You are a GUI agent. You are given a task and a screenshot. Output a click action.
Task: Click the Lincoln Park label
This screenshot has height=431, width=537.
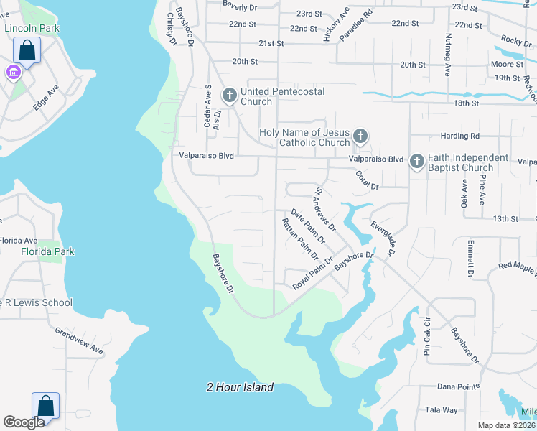pos(32,28)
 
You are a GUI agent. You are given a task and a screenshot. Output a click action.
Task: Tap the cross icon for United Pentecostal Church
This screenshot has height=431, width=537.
pos(230,95)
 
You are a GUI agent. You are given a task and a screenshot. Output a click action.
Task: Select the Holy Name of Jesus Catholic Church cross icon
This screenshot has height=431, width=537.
pos(360,136)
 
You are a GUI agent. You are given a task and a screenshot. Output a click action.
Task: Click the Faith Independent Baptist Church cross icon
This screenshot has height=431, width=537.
pos(417,162)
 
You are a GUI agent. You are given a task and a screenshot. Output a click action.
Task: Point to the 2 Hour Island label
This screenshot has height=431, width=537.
pos(240,387)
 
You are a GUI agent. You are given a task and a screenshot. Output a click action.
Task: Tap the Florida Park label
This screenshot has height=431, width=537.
pos(47,252)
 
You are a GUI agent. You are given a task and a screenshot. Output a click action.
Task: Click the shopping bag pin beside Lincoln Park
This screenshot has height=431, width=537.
pos(27,51)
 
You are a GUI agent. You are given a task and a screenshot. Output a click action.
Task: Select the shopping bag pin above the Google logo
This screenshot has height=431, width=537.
pos(46,406)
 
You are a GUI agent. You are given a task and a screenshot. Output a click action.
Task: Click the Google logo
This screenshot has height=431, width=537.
pos(24,422)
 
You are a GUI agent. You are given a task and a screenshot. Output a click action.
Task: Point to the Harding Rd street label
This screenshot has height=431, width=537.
pos(459,136)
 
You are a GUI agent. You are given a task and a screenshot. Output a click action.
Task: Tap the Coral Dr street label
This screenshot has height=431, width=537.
pos(366,180)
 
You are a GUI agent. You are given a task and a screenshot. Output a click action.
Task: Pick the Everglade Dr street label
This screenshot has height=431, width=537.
pos(383,238)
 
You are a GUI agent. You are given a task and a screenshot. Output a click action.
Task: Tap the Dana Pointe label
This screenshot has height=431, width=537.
pos(458,386)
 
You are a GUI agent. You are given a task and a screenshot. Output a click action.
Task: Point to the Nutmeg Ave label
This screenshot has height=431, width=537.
pos(448,55)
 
